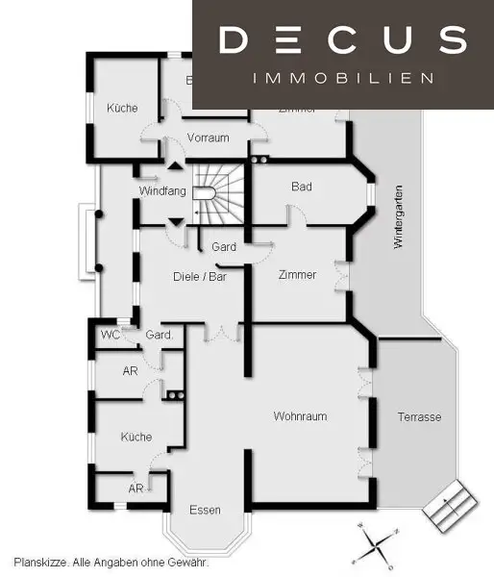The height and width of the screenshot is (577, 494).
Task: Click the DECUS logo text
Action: pyautogui.click(x=342, y=39)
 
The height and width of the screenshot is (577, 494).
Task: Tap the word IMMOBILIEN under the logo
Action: pyautogui.click(x=342, y=78)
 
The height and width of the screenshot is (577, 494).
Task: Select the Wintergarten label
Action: pyautogui.click(x=399, y=216)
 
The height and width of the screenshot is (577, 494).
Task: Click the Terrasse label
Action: pyautogui.click(x=419, y=417)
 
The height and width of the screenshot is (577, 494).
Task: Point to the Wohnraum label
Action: pyautogui.click(x=301, y=416)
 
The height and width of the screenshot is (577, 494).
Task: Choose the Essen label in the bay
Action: pyautogui.click(x=205, y=510)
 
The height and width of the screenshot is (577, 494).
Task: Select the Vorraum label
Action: pyautogui.click(x=209, y=138)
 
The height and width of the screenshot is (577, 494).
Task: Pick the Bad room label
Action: pyautogui.click(x=302, y=187)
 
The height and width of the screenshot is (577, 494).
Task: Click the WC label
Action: pyautogui.click(x=111, y=335)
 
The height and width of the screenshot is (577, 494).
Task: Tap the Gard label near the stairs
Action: pyautogui.click(x=224, y=247)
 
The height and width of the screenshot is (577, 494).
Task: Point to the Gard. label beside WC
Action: pyautogui.click(x=160, y=335)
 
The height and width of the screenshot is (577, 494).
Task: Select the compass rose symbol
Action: pyautogui.click(x=376, y=543)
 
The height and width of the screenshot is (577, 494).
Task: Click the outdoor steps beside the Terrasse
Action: pyautogui.click(x=449, y=505)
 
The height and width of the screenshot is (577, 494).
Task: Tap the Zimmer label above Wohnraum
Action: pyautogui.click(x=296, y=275)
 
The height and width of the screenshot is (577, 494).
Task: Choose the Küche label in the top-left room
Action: pyautogui.click(x=122, y=109)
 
